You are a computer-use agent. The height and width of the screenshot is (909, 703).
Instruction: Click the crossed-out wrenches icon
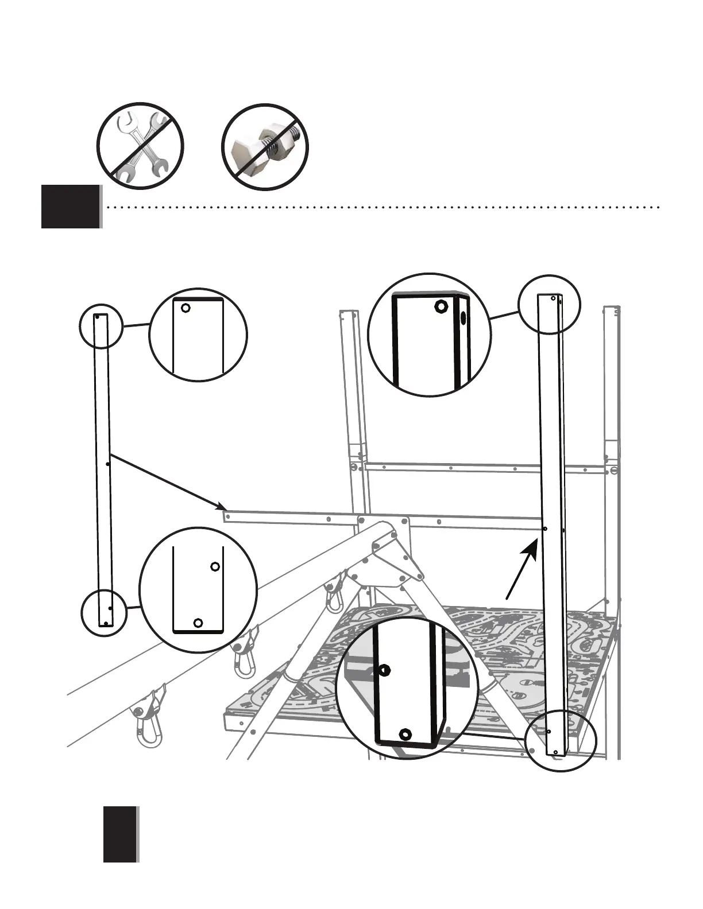[140, 147]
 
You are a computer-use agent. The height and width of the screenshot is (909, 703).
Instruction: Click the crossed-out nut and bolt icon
[265, 147]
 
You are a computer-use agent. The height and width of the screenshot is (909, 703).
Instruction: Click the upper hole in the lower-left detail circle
[215, 567]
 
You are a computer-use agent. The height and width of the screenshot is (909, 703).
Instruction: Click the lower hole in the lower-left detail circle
[198, 623]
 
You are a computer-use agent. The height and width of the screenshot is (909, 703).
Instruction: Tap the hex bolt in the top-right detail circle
[440, 305]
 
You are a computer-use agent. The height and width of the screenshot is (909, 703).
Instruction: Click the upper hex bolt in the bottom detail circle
[385, 670]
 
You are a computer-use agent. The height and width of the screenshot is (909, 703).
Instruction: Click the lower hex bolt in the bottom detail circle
[405, 733]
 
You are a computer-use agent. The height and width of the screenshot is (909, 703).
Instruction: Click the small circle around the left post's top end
[101, 326]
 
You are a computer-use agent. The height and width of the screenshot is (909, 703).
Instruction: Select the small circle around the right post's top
[549, 304]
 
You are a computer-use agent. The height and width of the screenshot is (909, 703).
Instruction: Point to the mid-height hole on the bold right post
[544, 529]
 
